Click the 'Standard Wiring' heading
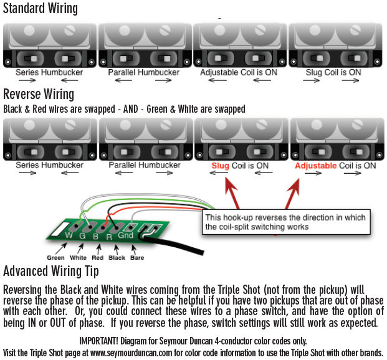tap(41, 8)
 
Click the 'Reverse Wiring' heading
tap(39, 94)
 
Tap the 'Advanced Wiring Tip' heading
tap(51, 271)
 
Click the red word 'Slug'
tap(220, 166)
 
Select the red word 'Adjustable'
tap(316, 166)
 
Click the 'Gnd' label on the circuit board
tap(126, 235)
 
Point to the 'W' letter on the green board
tap(69, 235)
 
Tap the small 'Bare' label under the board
tap(137, 258)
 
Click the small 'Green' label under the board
tap(55, 258)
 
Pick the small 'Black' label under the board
tap(117, 258)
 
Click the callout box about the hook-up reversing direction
tap(286, 222)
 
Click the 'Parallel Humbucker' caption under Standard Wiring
tap(143, 72)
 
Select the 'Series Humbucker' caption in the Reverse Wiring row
tap(49, 165)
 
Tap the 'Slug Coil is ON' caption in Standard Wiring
tap(333, 72)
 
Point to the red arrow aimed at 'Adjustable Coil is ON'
tap(292, 194)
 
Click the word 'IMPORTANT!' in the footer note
tap(98, 341)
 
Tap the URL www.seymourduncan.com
tap(131, 353)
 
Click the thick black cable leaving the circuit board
tap(173, 245)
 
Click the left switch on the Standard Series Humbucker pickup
tap(31, 59)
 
